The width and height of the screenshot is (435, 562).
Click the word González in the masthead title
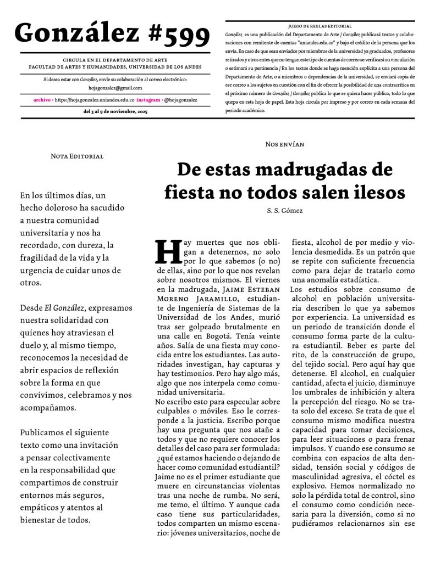(77, 34)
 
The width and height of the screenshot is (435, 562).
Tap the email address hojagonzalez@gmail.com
(115, 88)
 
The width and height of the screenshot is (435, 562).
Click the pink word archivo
(42, 100)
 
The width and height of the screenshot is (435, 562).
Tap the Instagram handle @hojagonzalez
(180, 100)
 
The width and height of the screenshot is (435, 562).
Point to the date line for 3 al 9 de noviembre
(115, 111)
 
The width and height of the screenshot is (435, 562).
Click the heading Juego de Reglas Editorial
(320, 26)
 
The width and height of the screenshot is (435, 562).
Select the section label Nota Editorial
(77, 156)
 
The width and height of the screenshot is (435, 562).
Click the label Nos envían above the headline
(284, 144)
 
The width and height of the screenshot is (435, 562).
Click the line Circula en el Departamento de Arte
(115, 60)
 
